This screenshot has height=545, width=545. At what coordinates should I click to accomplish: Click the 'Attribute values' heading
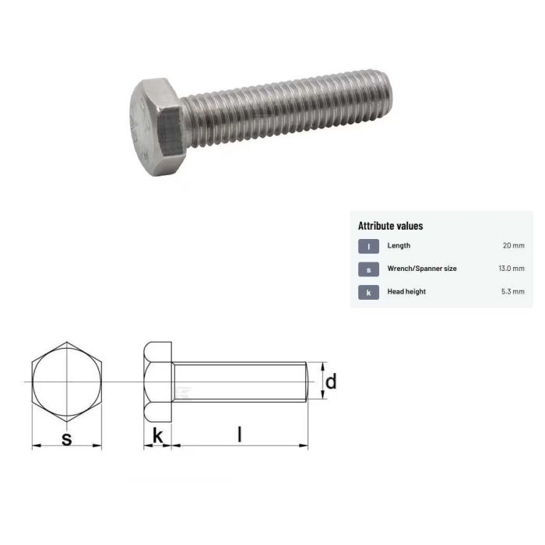coord(390,226)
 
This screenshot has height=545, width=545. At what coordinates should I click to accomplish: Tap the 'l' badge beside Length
coord(368,246)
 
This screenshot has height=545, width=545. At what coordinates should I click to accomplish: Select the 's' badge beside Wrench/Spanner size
coord(368,269)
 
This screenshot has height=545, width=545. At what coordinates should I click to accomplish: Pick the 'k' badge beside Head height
coord(368,292)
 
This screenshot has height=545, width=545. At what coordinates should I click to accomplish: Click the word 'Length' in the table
coord(399,246)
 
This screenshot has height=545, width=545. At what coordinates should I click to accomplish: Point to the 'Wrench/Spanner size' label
coord(422,269)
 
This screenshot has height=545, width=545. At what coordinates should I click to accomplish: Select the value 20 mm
coord(513,246)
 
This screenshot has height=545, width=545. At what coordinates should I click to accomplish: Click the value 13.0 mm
coord(512,269)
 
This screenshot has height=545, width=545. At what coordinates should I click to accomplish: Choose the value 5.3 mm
coord(513,292)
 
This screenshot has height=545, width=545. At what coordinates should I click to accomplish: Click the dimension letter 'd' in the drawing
coord(331,381)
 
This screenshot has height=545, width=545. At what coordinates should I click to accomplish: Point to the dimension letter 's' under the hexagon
coord(66,439)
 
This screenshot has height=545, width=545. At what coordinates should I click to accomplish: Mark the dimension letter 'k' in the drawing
coord(157,437)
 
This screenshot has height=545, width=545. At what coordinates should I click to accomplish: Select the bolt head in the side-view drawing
coord(157,381)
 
